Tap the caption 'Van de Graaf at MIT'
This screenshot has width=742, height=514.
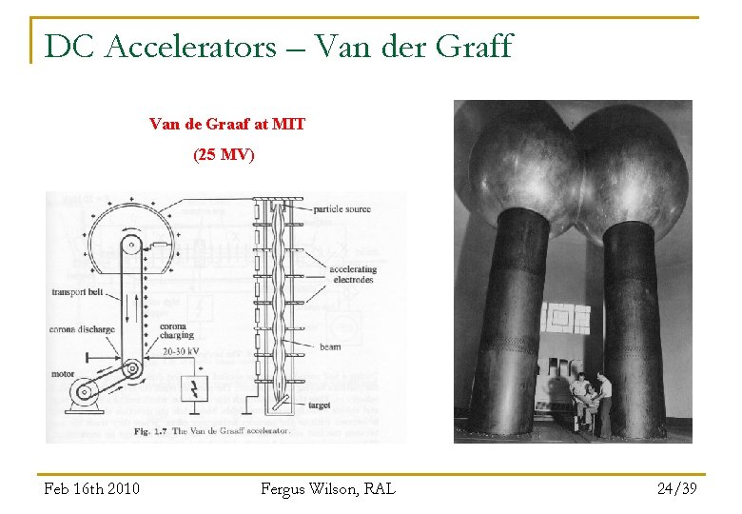pyautogui.click(x=226, y=124)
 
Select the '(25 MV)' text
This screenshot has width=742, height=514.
pyautogui.click(x=224, y=153)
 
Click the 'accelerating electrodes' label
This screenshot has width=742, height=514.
pyautogui.click(x=353, y=274)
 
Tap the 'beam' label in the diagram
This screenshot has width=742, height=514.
pyautogui.click(x=330, y=346)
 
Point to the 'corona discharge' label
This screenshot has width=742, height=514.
pyautogui.click(x=83, y=329)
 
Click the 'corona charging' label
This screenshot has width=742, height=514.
pyautogui.click(x=177, y=330)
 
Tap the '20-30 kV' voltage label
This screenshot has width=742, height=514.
pyautogui.click(x=181, y=352)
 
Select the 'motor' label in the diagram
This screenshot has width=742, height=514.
pyautogui.click(x=63, y=374)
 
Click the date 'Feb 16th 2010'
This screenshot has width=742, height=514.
pyautogui.click(x=91, y=488)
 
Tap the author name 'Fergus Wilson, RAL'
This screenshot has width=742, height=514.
pyautogui.click(x=327, y=488)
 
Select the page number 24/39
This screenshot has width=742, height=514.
pyautogui.click(x=677, y=488)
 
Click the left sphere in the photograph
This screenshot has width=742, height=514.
pyautogui.click(x=517, y=162)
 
